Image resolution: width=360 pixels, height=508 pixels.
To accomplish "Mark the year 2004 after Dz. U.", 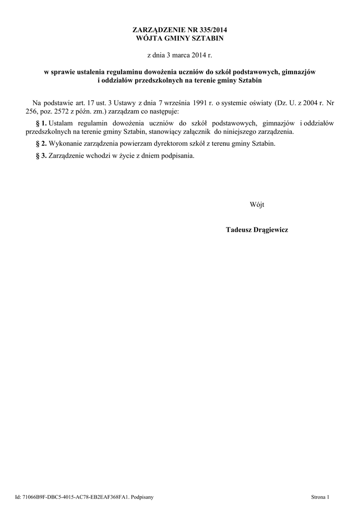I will [311, 103].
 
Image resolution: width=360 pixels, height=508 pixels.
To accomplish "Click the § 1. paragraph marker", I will [42, 123].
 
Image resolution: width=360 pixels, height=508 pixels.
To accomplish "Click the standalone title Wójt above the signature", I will [257, 204].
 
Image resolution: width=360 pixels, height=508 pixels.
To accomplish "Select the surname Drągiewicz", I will [272, 230].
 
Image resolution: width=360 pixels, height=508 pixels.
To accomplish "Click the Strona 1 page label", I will [320, 497].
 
